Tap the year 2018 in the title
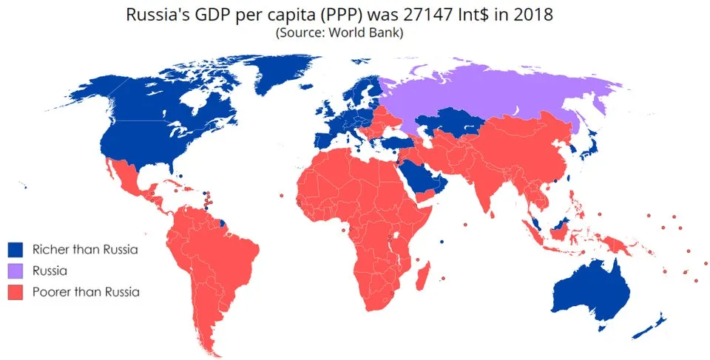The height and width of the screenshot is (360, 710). [x=534, y=14]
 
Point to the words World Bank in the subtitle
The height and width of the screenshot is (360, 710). [x=362, y=33]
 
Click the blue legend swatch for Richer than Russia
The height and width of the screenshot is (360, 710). [x=16, y=249]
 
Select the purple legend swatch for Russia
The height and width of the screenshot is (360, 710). [x=16, y=271]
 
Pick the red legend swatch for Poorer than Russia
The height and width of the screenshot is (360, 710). [x=16, y=292]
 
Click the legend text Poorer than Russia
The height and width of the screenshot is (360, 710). [x=86, y=292]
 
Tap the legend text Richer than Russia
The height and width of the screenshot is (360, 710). [x=86, y=249]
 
